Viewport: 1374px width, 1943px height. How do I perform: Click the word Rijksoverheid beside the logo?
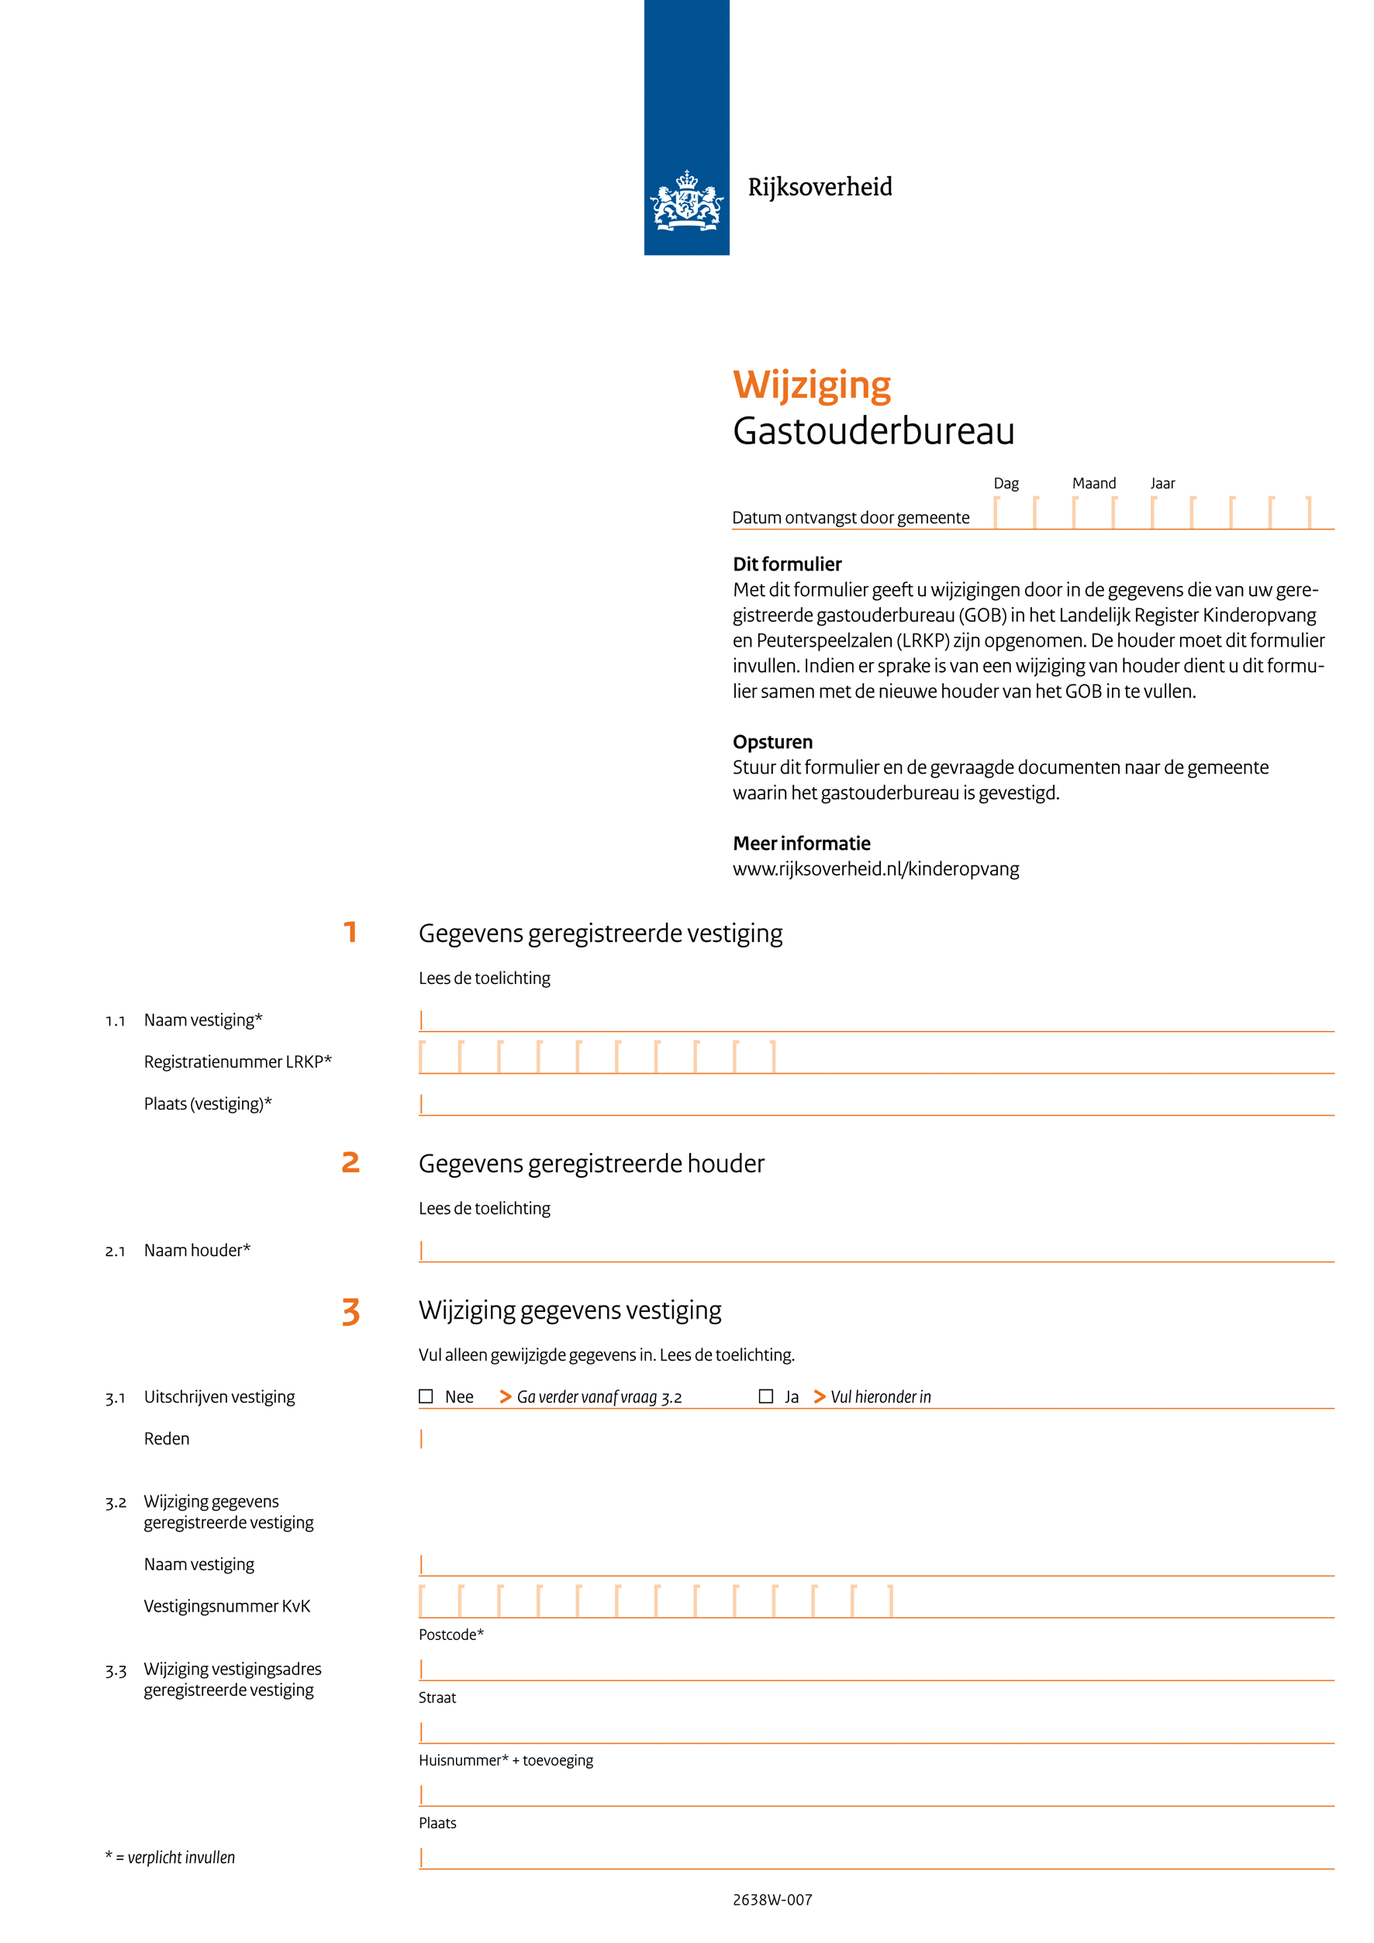tap(819, 187)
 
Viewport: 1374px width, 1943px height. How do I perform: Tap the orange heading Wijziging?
tap(811, 385)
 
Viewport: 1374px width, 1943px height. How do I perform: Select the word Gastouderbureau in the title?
tap(873, 431)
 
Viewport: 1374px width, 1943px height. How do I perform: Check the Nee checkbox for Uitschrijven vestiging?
tap(426, 1396)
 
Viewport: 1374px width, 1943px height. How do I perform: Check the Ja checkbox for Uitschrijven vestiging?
tap(765, 1396)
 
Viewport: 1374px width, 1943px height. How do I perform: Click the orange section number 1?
tap(350, 932)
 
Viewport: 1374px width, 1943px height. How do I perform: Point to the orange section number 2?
tap(350, 1163)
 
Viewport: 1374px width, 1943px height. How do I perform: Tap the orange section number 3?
tap(350, 1311)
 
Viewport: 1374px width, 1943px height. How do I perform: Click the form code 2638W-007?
tap(772, 1900)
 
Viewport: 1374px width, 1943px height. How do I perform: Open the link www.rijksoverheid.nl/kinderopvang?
tap(875, 869)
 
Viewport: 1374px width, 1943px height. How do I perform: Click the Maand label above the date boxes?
tap(1094, 483)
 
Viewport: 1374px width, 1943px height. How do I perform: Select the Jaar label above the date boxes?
tap(1162, 483)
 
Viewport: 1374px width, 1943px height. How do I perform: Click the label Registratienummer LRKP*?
tap(238, 1062)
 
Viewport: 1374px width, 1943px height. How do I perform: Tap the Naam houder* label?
tap(197, 1251)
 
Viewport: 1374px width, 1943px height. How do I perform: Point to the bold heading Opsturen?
tap(772, 742)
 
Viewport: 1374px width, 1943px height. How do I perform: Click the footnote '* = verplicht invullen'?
tap(170, 1858)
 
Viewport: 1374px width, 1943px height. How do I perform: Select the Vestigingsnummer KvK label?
tap(226, 1607)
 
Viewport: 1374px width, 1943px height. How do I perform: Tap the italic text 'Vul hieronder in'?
tap(880, 1397)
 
